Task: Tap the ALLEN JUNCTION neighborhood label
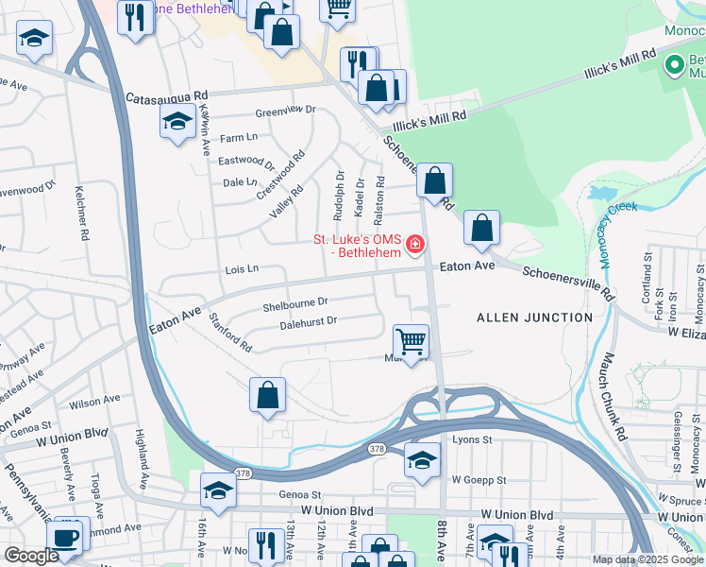pyautogui.click(x=535, y=318)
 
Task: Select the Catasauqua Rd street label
pyautogui.click(x=166, y=97)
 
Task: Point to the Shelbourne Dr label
pyautogui.click(x=294, y=303)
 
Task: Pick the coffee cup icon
pyautogui.click(x=66, y=537)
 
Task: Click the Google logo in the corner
pyautogui.click(x=30, y=556)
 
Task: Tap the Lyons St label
pyautogui.click(x=473, y=439)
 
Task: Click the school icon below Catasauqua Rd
pyautogui.click(x=176, y=122)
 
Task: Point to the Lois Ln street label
pyautogui.click(x=242, y=269)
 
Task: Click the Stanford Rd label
pyautogui.click(x=230, y=333)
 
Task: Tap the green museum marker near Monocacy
pyautogui.click(x=674, y=65)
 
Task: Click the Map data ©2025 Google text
pyautogui.click(x=647, y=559)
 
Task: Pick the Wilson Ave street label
pyautogui.click(x=94, y=402)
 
